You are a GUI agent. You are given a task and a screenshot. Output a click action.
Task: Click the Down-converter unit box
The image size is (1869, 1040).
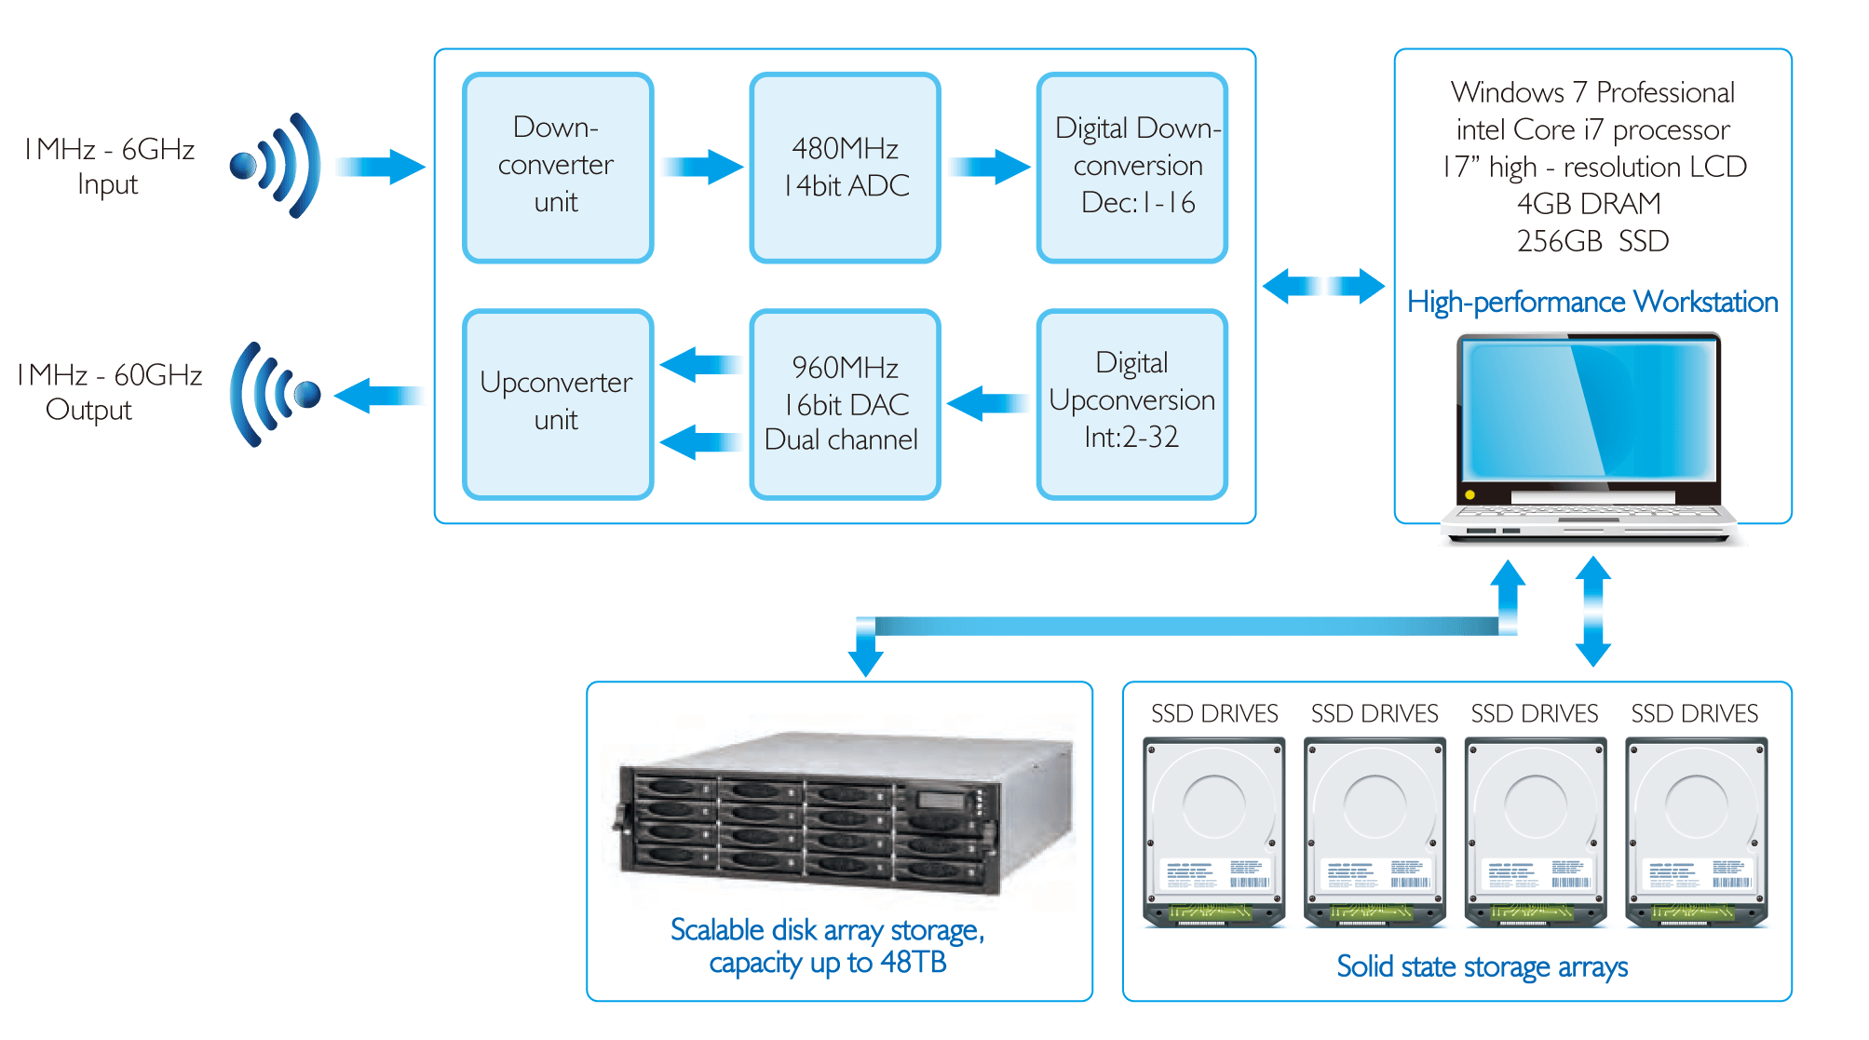point(557,168)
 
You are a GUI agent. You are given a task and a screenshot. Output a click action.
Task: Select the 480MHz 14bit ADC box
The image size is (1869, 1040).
point(845,168)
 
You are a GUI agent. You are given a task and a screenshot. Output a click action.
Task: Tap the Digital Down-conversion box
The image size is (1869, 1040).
point(1131,168)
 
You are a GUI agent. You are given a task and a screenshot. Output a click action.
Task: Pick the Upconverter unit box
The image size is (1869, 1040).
point(557,403)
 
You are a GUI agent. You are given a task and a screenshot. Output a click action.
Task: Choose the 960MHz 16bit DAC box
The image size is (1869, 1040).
point(845,403)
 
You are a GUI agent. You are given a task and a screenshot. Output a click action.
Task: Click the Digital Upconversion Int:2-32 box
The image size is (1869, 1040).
point(1131,403)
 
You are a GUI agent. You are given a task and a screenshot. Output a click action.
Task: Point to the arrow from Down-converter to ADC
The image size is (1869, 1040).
point(702,168)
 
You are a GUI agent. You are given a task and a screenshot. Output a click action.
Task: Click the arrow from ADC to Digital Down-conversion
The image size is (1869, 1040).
point(989,168)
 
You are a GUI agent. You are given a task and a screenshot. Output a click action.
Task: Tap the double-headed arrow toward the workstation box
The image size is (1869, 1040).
point(1323,286)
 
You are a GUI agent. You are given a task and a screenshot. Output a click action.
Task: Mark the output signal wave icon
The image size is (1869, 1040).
point(273,394)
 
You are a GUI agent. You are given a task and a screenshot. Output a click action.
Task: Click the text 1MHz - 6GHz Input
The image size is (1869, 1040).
point(109,166)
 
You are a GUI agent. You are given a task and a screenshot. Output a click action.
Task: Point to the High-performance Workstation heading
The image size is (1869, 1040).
point(1592,302)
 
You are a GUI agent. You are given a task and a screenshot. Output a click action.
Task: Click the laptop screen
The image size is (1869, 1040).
point(1589,410)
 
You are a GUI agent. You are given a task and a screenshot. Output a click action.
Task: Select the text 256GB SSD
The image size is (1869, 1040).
point(1592,241)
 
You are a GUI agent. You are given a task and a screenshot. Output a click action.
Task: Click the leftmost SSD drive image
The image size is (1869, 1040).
point(1214,831)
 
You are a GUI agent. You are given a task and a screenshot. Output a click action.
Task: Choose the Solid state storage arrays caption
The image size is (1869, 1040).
point(1482,966)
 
